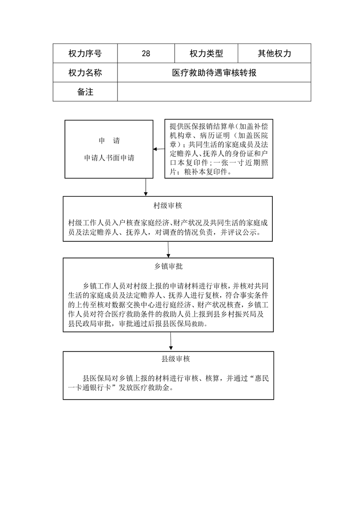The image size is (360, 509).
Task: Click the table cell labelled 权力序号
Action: point(85,53)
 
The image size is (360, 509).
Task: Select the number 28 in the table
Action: point(146,54)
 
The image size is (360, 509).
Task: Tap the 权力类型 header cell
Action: point(206,53)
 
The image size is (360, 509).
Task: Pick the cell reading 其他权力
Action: point(275,53)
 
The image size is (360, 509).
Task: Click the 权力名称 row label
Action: point(85,73)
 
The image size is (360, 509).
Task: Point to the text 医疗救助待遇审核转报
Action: point(214,73)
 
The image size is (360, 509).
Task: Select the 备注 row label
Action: point(85,92)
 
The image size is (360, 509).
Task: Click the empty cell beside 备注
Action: point(214,92)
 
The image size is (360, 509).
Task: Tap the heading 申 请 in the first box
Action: point(109,141)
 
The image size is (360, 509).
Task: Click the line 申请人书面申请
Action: point(109,158)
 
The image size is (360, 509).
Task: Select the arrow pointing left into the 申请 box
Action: point(159,149)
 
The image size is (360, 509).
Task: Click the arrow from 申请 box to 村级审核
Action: point(146,187)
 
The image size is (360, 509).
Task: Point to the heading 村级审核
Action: point(168,206)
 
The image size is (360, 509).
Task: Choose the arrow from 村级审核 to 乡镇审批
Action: point(168,250)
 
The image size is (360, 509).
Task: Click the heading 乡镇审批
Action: point(168,266)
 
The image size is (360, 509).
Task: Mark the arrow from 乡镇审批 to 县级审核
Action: point(171,341)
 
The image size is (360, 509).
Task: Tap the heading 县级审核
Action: point(175,359)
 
